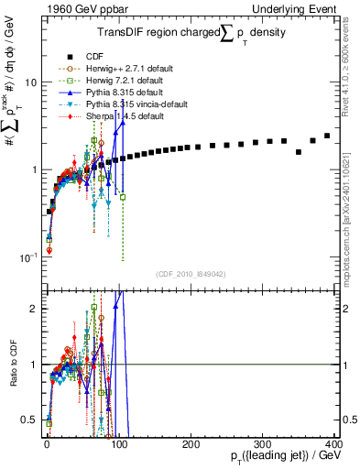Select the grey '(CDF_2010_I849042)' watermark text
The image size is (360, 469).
coord(191,273)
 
